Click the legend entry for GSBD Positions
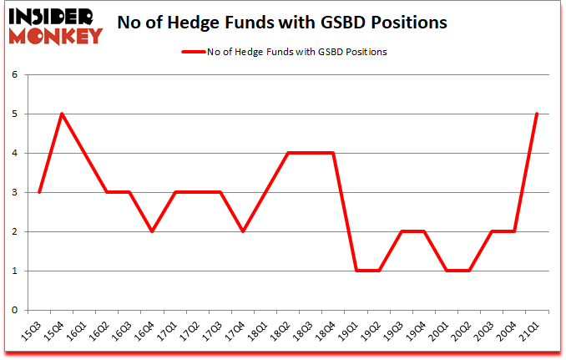click(x=284, y=52)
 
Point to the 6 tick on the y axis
click(x=14, y=74)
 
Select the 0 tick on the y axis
click(x=14, y=310)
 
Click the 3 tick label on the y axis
click(x=14, y=192)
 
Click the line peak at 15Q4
click(x=62, y=114)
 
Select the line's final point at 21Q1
click(x=537, y=114)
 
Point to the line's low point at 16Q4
click(x=152, y=231)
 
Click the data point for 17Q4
click(x=242, y=231)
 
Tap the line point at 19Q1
click(x=356, y=271)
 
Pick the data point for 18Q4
click(x=333, y=153)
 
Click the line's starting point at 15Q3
click(x=39, y=192)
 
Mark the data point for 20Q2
click(x=469, y=271)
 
